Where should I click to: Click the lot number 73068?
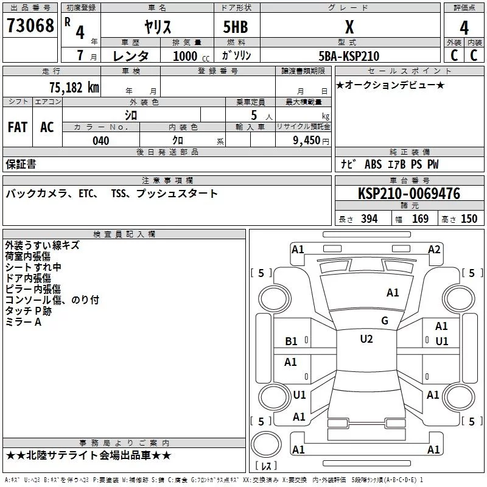(30, 26)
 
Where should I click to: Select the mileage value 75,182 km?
(74, 87)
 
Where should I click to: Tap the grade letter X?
(349, 27)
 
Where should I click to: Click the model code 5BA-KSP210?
(349, 56)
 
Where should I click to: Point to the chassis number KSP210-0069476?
(409, 193)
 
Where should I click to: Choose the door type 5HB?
(236, 27)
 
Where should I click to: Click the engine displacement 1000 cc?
(191, 56)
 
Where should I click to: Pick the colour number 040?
(101, 141)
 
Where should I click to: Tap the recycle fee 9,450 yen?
(311, 141)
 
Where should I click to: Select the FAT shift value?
(18, 127)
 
